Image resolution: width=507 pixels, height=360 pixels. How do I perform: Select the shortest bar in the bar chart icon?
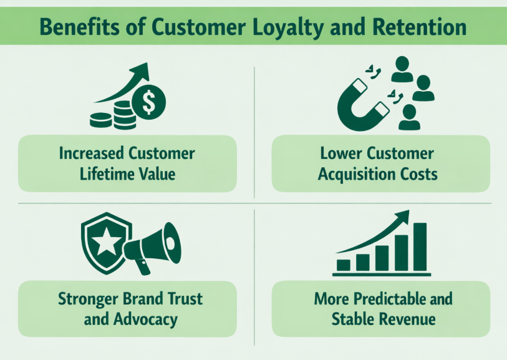pyautogui.click(x=344, y=265)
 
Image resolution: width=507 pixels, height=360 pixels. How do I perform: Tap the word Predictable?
pyautogui.click(x=382, y=299)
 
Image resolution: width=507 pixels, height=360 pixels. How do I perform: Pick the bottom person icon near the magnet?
pyautogui.click(x=409, y=116)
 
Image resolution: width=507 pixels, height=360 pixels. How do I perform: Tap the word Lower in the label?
pyautogui.click(x=340, y=153)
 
